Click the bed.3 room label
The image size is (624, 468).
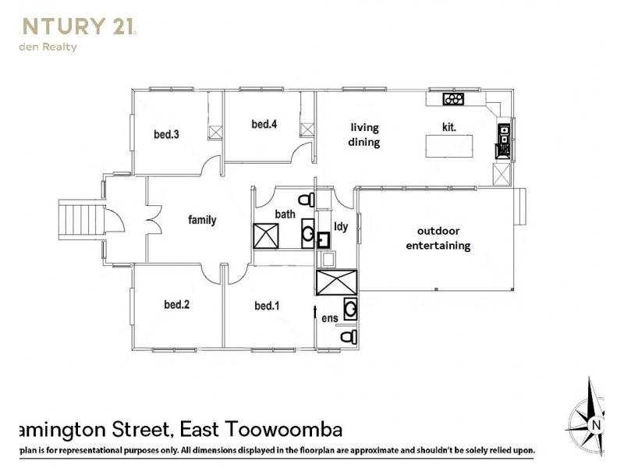pyautogui.click(x=167, y=134)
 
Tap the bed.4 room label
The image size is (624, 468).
pyautogui.click(x=264, y=124)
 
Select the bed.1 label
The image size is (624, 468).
pyautogui.click(x=267, y=305)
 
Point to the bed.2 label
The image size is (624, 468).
pyautogui.click(x=177, y=305)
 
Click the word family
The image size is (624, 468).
pyautogui.click(x=202, y=220)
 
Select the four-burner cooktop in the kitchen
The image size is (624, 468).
pyautogui.click(x=453, y=99)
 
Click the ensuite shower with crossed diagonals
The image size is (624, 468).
pyautogui.click(x=335, y=282)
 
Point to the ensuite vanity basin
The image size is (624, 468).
pyautogui.click(x=351, y=310)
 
